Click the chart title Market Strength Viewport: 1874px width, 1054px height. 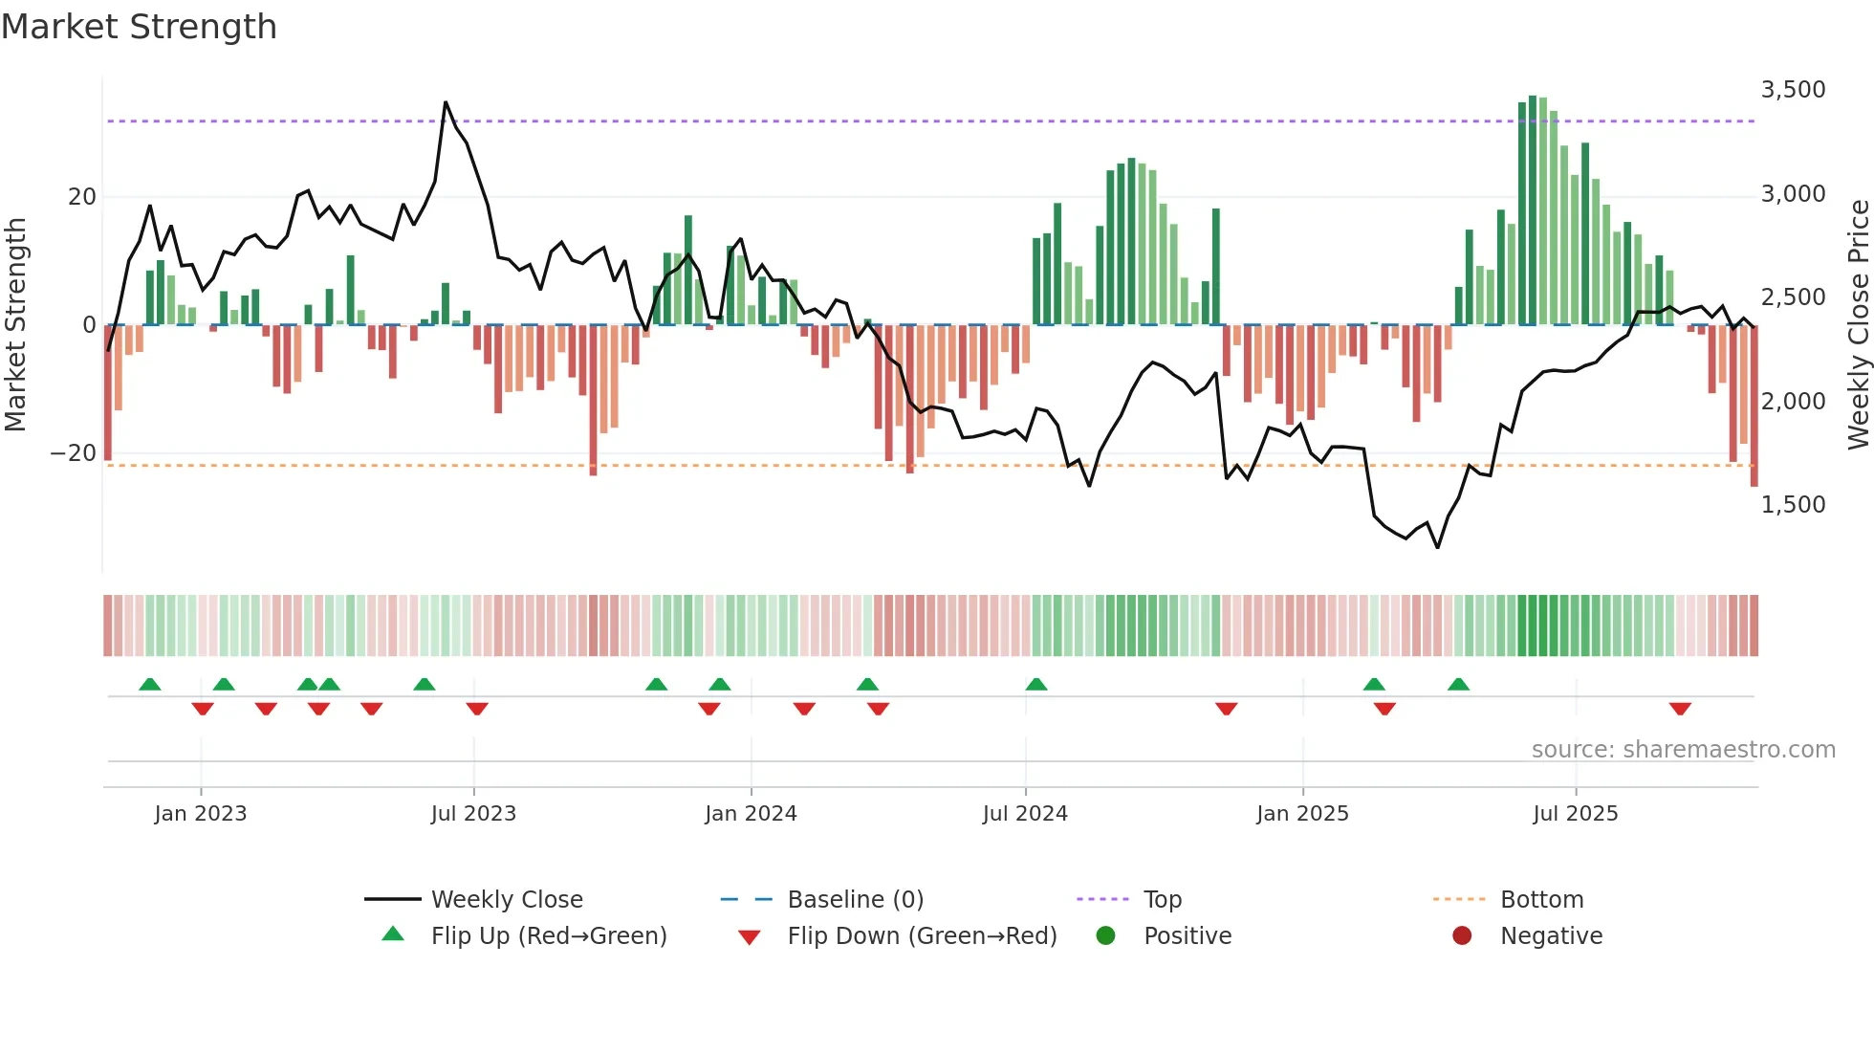[x=139, y=27]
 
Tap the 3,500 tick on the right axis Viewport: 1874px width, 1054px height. [x=1793, y=90]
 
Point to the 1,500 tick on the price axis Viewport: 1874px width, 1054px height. [x=1793, y=505]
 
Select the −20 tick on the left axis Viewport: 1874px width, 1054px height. [x=74, y=453]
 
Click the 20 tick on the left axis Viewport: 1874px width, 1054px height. [x=82, y=197]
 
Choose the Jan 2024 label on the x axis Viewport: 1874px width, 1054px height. [x=751, y=814]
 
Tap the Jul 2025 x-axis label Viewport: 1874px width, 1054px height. [x=1575, y=814]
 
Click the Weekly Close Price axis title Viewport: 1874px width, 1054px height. [x=1858, y=325]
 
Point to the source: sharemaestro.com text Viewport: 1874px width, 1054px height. [x=1683, y=750]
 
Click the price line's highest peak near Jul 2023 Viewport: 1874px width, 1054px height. [x=446, y=102]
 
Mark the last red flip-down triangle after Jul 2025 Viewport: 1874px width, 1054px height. [x=1680, y=709]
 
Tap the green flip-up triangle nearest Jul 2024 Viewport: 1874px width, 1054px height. [x=1036, y=684]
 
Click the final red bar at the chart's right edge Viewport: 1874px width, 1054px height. [x=1754, y=406]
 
